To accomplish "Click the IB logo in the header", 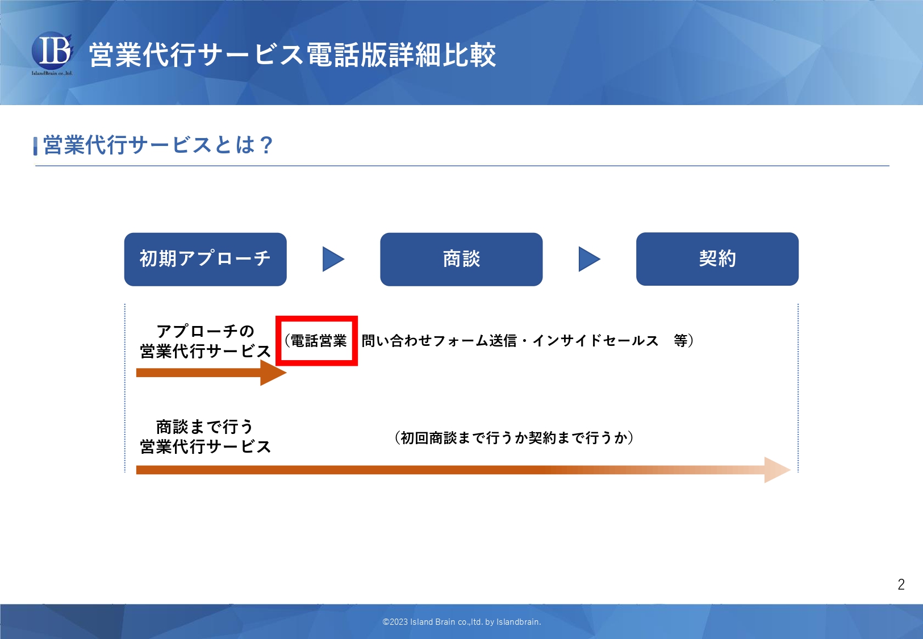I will click(52, 52).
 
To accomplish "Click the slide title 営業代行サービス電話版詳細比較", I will click(293, 55).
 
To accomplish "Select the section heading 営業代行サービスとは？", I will click(158, 145).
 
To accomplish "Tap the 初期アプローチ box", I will click(205, 259).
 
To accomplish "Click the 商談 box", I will click(461, 259).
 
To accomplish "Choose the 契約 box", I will click(717, 259).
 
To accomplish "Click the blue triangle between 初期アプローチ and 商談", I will click(332, 259).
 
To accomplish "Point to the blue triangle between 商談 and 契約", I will click(588, 259).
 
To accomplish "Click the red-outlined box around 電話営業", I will click(317, 340).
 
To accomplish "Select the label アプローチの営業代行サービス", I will click(205, 341).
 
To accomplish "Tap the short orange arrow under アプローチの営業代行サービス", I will click(210, 373).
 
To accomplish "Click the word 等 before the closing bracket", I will click(680, 341).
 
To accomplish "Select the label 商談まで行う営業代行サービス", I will click(205, 436).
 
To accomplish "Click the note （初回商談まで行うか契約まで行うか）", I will click(514, 438).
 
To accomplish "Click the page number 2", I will click(901, 584).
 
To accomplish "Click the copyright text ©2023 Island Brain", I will click(461, 622).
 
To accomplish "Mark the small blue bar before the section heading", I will click(36, 146).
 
